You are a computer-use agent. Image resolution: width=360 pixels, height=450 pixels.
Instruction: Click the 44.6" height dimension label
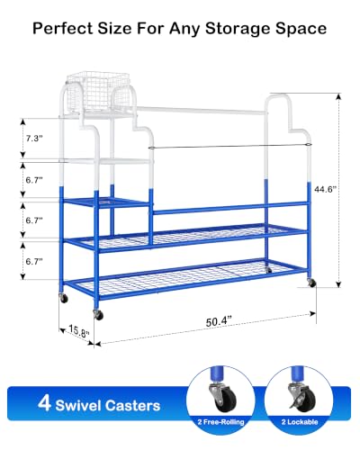click(x=325, y=189)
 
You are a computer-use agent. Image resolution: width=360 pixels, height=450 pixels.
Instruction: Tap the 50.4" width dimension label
click(x=219, y=321)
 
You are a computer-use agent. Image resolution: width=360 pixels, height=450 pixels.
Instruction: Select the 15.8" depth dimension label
click(x=79, y=331)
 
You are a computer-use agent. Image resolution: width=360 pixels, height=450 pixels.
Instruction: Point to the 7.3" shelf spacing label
click(x=34, y=139)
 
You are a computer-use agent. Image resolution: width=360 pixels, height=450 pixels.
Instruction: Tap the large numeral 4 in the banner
click(x=44, y=403)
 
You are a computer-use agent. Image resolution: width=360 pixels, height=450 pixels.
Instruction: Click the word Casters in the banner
click(x=132, y=406)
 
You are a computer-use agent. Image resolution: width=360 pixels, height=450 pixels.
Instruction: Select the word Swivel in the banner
click(x=78, y=406)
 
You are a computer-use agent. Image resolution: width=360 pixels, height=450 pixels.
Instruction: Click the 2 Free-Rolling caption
click(x=220, y=422)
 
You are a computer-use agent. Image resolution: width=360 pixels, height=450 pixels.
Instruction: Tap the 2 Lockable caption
click(x=300, y=422)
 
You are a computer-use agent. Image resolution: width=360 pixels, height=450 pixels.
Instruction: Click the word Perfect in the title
click(x=63, y=29)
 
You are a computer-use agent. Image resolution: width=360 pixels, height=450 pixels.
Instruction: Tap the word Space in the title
click(x=301, y=30)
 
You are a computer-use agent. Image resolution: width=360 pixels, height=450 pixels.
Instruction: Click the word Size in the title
click(x=114, y=29)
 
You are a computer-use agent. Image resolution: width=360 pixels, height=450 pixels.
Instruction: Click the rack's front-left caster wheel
click(x=98, y=315)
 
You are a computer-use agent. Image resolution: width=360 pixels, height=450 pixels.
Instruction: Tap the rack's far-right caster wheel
click(x=311, y=283)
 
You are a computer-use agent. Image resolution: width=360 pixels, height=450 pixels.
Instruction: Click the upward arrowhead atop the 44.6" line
click(x=338, y=96)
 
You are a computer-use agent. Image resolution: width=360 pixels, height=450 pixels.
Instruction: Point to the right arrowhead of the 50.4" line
click(x=312, y=313)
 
